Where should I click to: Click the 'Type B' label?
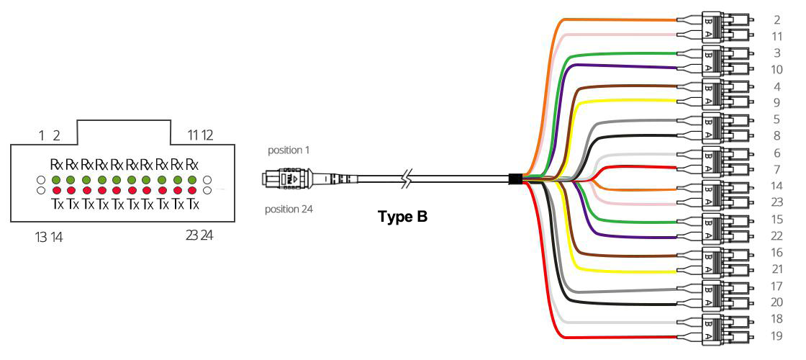(x=402, y=215)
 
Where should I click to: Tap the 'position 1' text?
(x=287, y=150)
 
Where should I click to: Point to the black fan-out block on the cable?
(x=515, y=179)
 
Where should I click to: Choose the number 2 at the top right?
(x=776, y=19)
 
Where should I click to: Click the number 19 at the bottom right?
(x=776, y=336)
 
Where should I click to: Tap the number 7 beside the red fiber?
(x=776, y=169)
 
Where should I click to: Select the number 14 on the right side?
(x=776, y=186)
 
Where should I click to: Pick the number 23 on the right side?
(x=776, y=203)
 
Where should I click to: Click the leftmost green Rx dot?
(x=56, y=179)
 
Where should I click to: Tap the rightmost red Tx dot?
(x=192, y=190)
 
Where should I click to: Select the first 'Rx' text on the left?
(x=56, y=164)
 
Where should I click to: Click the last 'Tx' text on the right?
(x=192, y=204)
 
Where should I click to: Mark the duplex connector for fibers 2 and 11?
(x=716, y=27)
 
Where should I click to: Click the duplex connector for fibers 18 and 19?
(x=716, y=328)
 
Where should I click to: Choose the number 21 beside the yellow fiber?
(x=776, y=269)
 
